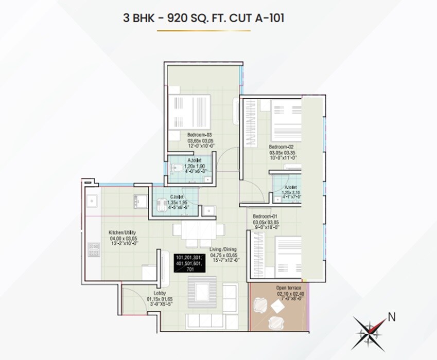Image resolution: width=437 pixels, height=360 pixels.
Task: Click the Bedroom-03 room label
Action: coord(199,135)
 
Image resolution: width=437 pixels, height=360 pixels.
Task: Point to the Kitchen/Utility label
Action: coord(122,232)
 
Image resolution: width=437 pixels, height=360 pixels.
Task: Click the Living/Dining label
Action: coord(223,249)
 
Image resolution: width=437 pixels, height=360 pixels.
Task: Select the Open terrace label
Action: coord(288,287)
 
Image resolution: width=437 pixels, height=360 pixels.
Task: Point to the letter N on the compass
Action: coord(392,316)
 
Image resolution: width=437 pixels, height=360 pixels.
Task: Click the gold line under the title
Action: coord(204,31)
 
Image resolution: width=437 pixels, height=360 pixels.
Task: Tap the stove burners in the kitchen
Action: coord(94,249)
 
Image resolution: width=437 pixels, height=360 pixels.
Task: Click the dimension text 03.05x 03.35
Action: coord(281,153)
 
